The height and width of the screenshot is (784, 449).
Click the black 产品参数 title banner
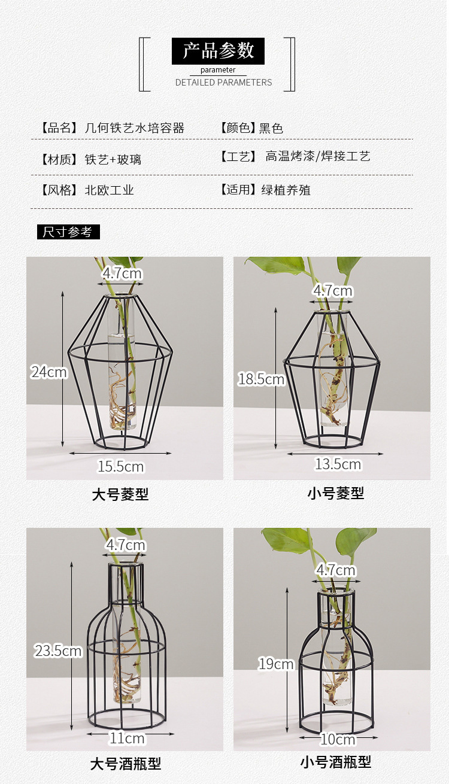218,51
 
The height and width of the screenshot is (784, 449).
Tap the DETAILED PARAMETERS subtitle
223,83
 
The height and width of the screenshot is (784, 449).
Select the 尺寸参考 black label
68,232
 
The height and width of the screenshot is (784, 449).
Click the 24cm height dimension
49,372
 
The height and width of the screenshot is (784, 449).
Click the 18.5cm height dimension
261,379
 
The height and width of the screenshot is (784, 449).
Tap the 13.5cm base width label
338,464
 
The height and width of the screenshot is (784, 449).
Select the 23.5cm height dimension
57,651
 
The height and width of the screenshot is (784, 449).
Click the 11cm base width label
127,739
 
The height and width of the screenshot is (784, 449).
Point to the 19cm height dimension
276,664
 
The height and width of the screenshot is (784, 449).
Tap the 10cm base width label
338,740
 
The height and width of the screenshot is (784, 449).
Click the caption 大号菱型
120,495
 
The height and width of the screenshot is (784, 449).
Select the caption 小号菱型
336,494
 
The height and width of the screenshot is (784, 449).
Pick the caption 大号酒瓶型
126,764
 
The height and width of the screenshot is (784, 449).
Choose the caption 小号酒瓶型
336,762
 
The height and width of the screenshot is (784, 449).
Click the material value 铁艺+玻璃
113,160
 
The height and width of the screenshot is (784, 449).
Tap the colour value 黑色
271,128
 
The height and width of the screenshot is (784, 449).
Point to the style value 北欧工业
109,190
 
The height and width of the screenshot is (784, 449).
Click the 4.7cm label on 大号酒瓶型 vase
126,545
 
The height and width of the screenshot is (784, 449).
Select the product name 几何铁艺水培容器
134,128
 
